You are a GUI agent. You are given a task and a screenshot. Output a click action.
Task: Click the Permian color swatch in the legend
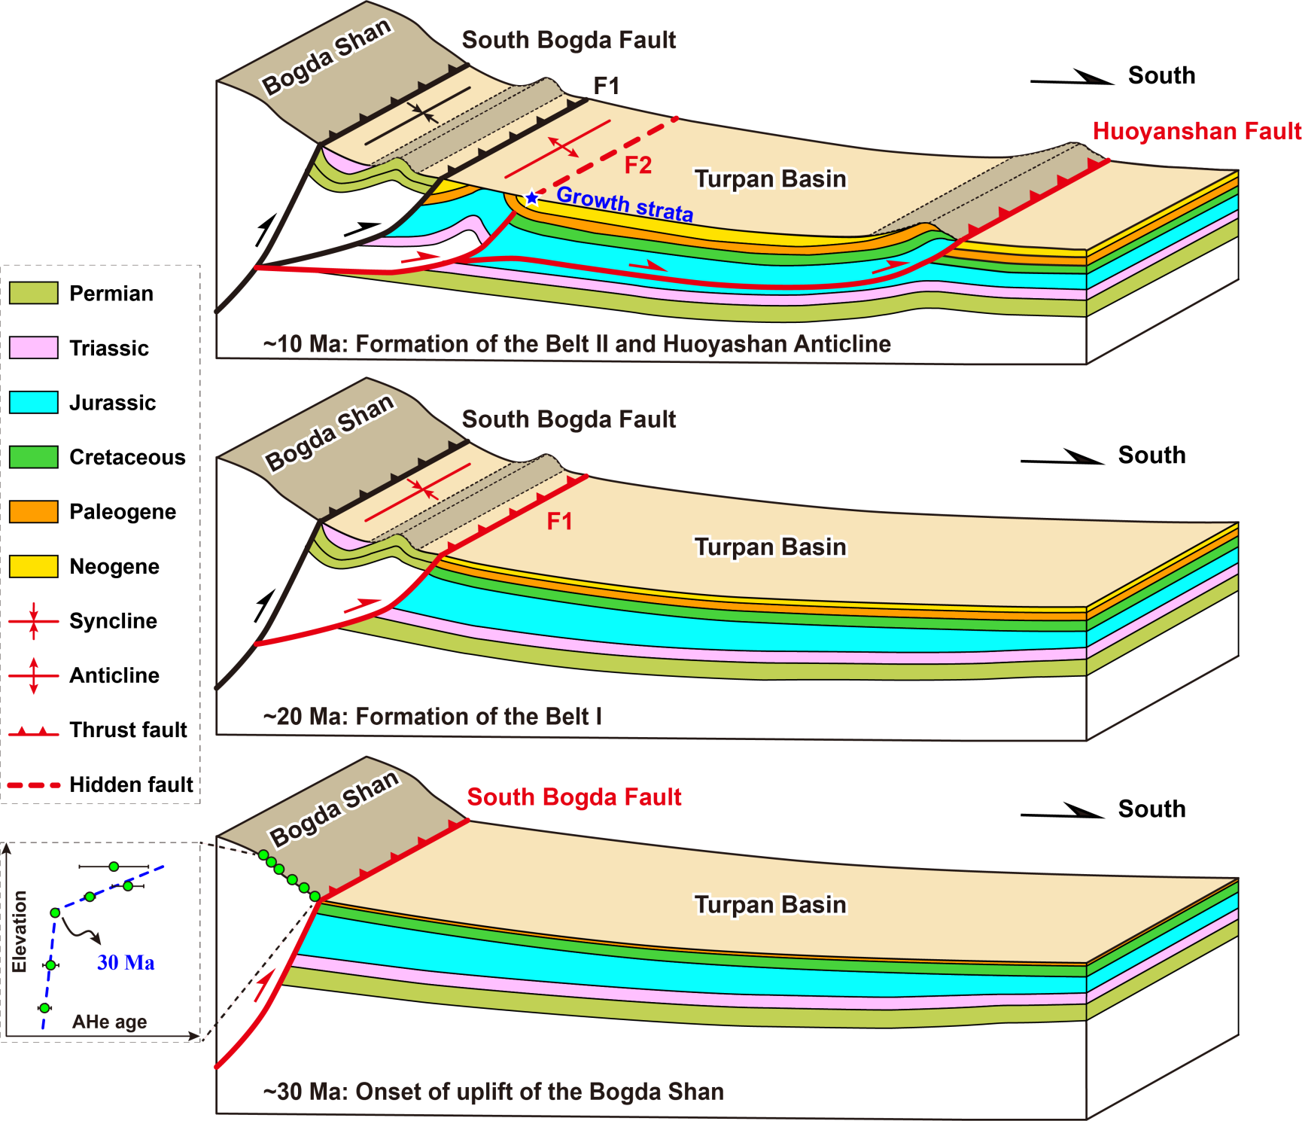[x=34, y=293]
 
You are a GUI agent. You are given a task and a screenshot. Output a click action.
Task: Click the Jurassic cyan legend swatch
[x=34, y=402]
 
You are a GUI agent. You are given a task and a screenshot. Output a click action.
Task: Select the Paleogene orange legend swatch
[x=34, y=511]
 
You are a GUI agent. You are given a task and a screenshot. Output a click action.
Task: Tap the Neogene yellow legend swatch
[x=34, y=566]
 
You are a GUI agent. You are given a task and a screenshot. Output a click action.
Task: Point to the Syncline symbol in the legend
[x=34, y=621]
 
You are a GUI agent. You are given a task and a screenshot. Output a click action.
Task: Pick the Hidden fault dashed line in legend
[x=34, y=785]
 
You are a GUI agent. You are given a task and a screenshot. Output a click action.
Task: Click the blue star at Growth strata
[x=532, y=198]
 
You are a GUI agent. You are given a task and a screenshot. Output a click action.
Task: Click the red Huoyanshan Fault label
[x=1197, y=131]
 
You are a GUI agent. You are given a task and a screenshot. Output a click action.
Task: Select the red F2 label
[x=638, y=165]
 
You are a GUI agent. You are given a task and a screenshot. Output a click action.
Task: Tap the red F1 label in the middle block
[x=559, y=521]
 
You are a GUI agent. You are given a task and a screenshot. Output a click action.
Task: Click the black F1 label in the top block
[x=607, y=86]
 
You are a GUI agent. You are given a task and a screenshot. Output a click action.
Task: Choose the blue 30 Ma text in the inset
[x=126, y=963]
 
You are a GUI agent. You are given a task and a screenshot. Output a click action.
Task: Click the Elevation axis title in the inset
[x=20, y=931]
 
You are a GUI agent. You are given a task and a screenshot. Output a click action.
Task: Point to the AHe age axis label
[x=110, y=1022]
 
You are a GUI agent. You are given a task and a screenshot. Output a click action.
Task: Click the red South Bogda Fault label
[x=574, y=797]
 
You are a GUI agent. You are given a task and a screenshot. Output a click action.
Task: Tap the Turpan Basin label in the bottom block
[x=770, y=904]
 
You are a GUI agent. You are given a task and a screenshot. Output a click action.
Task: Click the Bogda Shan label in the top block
[x=327, y=56]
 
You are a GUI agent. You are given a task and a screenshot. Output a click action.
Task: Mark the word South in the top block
[x=1161, y=75]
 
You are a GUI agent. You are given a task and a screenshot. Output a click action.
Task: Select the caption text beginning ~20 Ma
[x=433, y=716]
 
